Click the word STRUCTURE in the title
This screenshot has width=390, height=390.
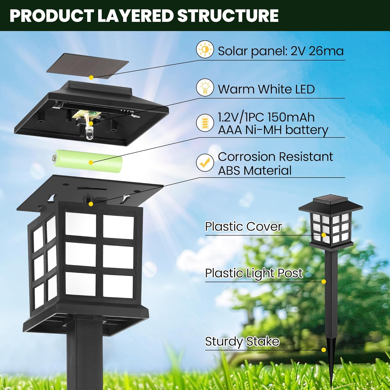click(228, 16)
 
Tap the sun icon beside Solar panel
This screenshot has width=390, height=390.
click(205, 50)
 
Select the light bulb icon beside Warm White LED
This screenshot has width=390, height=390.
click(205, 88)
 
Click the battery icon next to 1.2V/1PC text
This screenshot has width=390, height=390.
click(205, 122)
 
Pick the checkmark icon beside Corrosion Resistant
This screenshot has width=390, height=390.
click(205, 162)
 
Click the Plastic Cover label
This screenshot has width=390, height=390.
click(243, 226)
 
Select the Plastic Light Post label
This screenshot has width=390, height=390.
click(254, 273)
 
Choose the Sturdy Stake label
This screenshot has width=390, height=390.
click(242, 341)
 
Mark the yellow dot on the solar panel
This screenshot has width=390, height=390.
click(91, 77)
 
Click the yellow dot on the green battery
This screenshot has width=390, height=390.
click(91, 162)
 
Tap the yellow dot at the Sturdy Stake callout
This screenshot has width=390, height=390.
click(324, 350)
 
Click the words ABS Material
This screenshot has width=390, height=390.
click(255, 171)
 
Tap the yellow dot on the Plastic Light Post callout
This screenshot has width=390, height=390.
click(324, 282)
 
